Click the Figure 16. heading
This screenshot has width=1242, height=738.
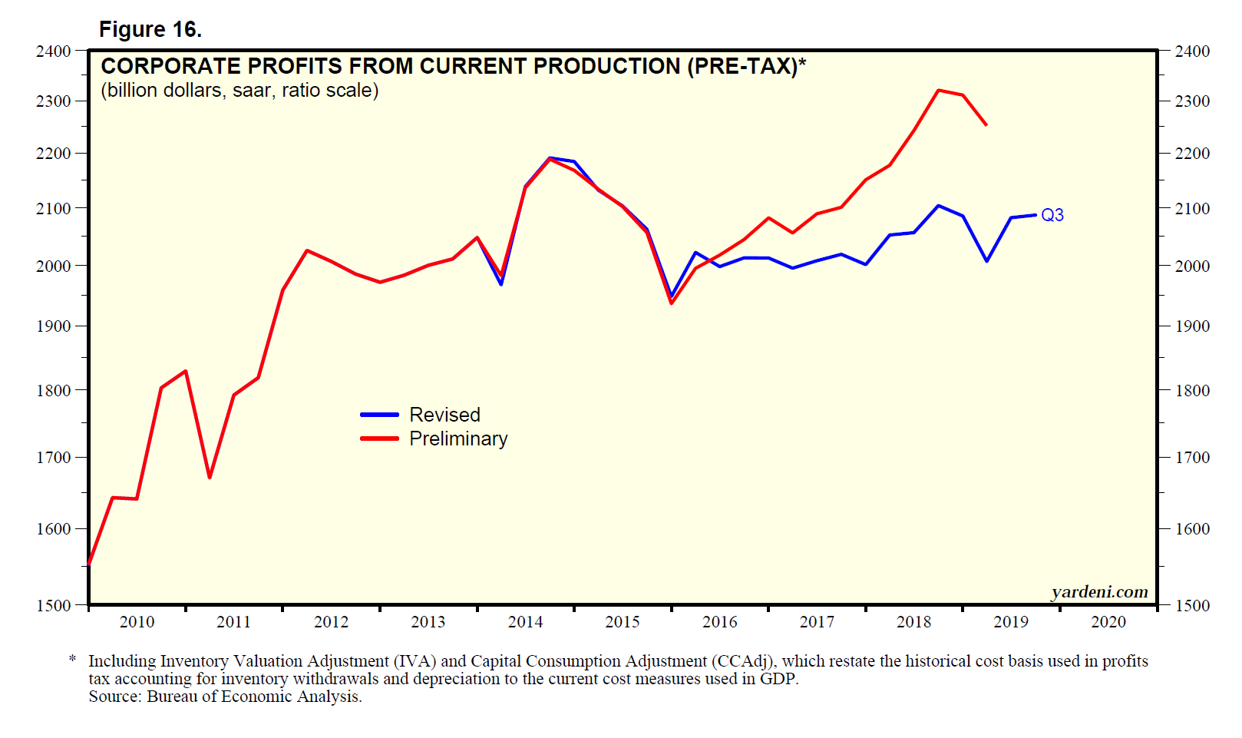[x=150, y=29]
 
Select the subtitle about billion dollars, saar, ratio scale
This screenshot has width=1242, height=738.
[x=239, y=91]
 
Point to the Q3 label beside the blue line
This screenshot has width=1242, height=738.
[x=1052, y=215]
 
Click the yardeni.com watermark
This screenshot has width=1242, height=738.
[x=1099, y=591]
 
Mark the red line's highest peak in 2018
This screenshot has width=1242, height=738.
[x=938, y=90]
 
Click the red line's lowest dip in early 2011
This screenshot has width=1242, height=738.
[x=210, y=478]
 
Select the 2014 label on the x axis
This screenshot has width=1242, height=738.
[x=525, y=622]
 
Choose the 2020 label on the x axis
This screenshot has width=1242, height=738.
[x=1108, y=622]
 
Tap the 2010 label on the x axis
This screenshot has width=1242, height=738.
[x=137, y=622]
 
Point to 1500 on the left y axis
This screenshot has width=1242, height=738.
[x=53, y=605]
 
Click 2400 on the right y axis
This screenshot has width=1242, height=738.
[x=1192, y=51]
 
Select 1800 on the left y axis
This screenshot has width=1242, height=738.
[x=53, y=390]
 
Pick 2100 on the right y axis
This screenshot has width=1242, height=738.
[x=1192, y=208]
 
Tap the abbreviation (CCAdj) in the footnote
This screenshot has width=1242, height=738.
[x=743, y=661]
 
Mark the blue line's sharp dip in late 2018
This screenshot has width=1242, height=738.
[x=987, y=261]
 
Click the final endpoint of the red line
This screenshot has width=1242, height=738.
[x=986, y=125]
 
